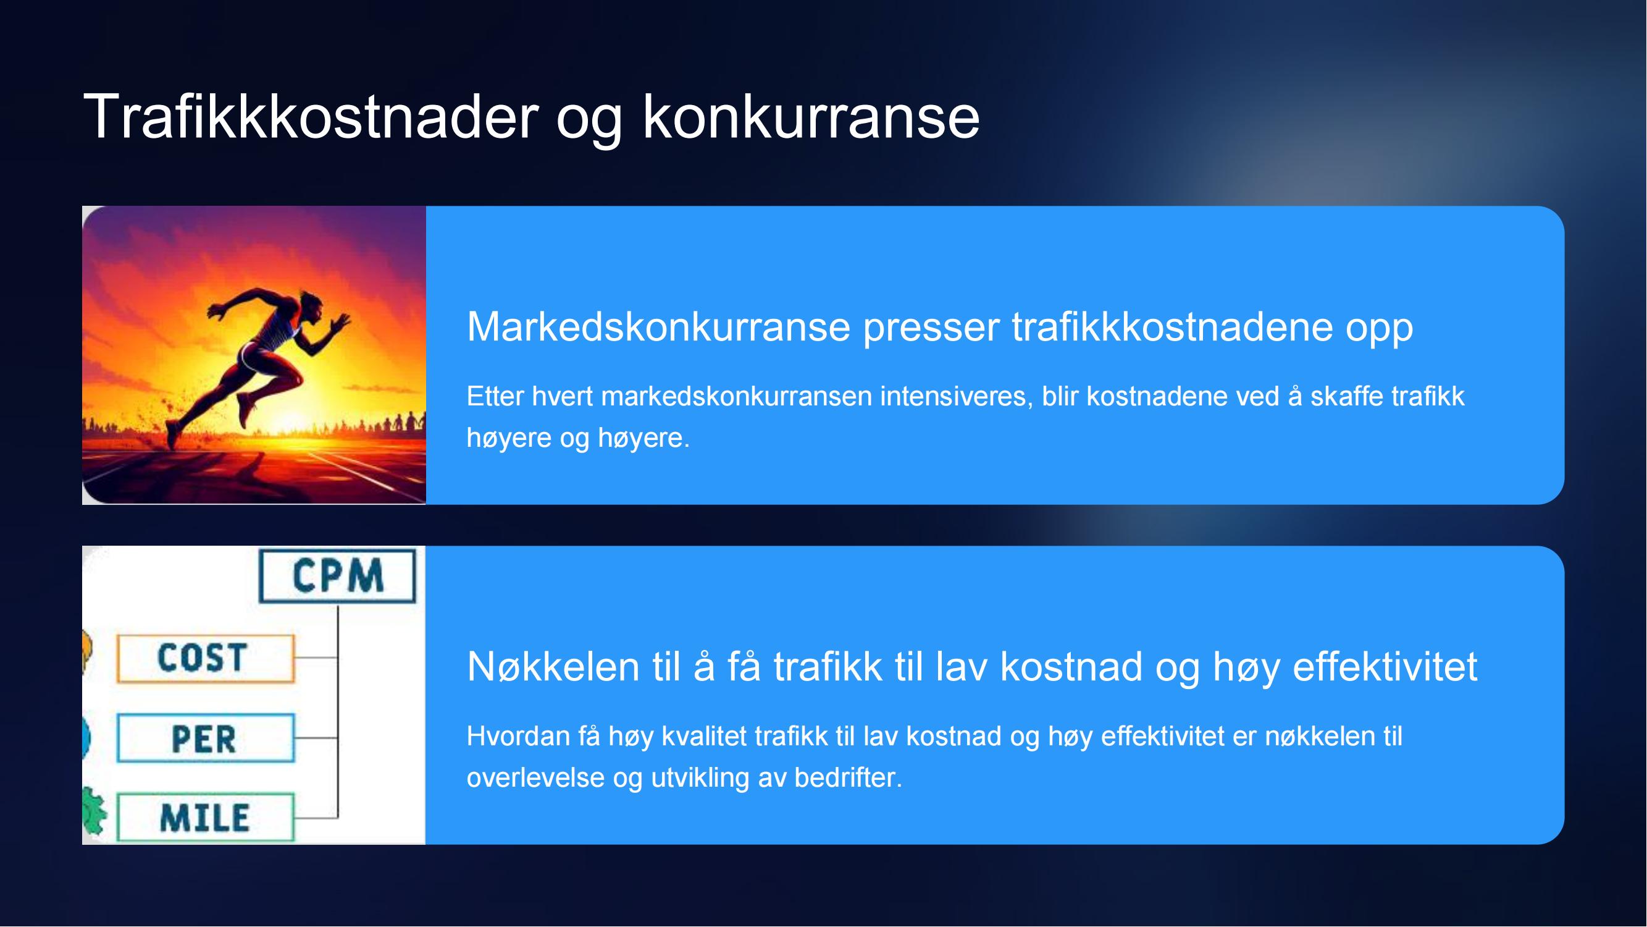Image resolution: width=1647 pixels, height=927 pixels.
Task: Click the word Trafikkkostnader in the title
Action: tap(311, 116)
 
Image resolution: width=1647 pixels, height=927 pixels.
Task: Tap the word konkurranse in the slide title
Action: tap(811, 116)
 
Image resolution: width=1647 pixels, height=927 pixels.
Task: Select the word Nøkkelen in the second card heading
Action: tap(553, 667)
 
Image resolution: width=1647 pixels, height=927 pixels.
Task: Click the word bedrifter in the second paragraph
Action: tap(848, 778)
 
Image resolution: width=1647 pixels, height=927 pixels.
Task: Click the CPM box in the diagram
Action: tap(338, 576)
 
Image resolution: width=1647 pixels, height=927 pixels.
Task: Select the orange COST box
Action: tap(206, 658)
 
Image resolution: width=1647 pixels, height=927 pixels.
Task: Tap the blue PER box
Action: tap(206, 739)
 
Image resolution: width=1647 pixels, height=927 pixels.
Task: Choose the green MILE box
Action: tap(206, 818)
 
